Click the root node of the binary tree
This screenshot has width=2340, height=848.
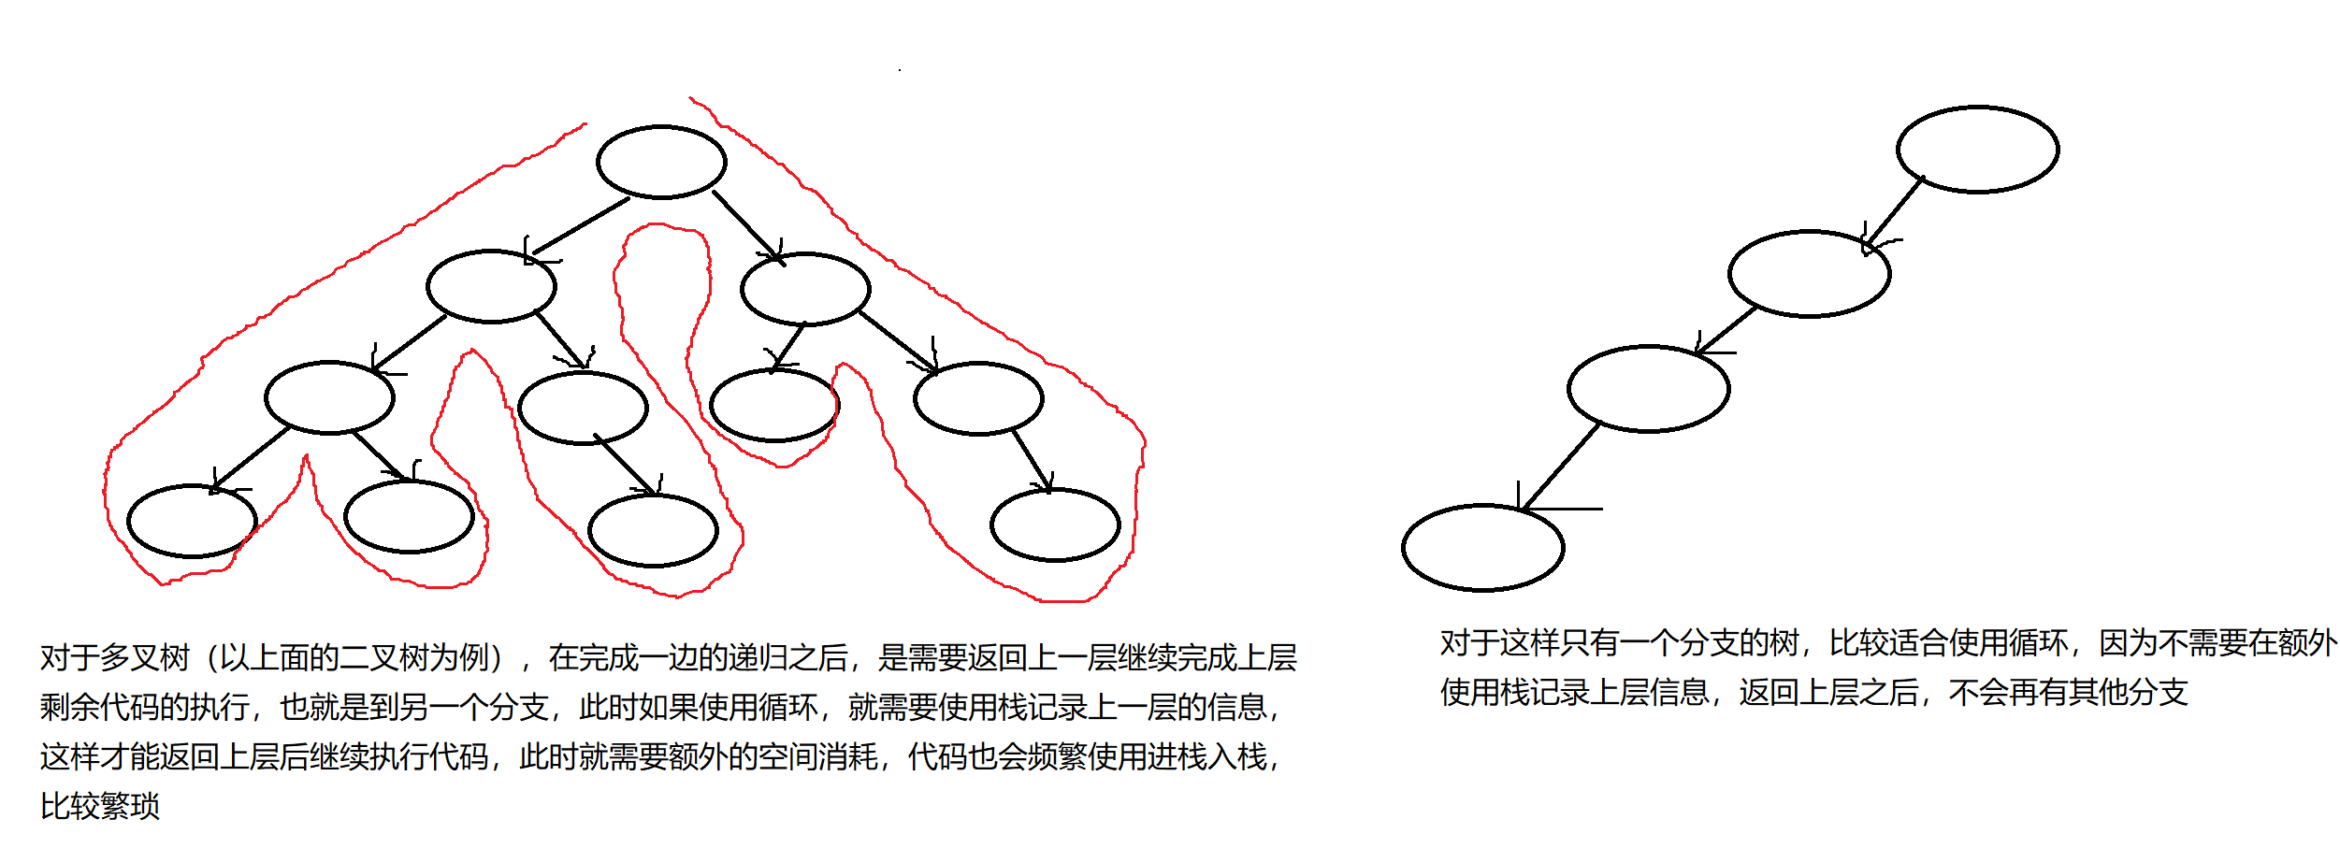(x=661, y=162)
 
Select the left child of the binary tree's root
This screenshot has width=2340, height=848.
(x=491, y=286)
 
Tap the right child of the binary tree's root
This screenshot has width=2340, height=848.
(x=805, y=289)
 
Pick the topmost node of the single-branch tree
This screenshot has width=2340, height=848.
(x=1977, y=150)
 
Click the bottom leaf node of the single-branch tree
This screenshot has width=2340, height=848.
(x=1482, y=548)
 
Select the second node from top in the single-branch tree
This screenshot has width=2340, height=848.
(x=1809, y=274)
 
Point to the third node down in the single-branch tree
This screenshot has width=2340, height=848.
(x=1648, y=389)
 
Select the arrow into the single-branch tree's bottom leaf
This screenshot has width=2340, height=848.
(x=1560, y=467)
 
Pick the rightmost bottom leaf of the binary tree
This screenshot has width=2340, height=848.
(x=1055, y=525)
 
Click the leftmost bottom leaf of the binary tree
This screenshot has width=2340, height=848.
(x=192, y=521)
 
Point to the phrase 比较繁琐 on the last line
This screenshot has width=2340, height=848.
(x=100, y=806)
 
